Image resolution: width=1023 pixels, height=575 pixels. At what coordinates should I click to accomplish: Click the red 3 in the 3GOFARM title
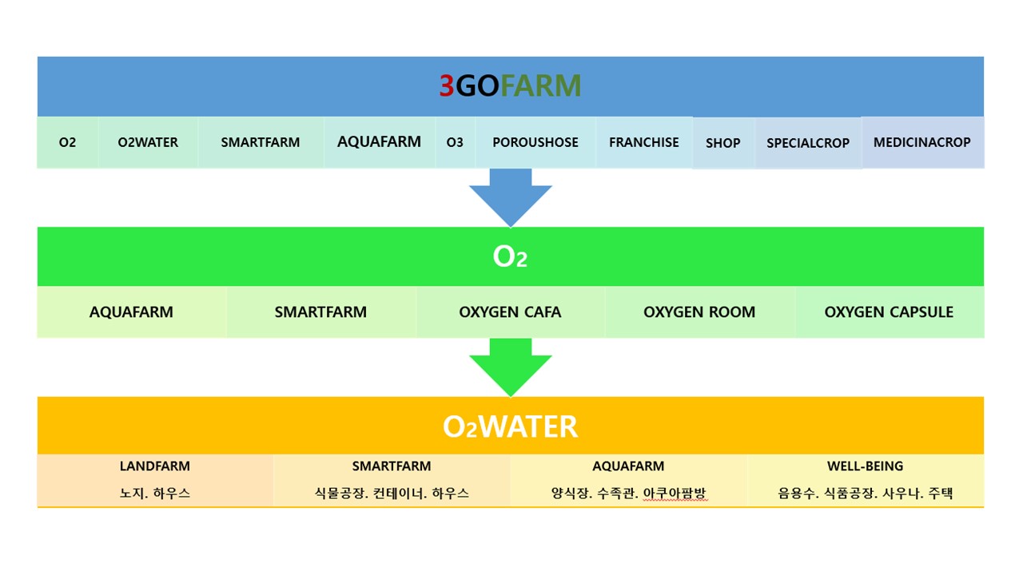pyautogui.click(x=447, y=85)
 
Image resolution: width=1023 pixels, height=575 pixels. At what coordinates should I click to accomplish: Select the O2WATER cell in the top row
pyautogui.click(x=148, y=142)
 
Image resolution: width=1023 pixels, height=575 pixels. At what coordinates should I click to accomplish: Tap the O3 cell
pyautogui.click(x=455, y=142)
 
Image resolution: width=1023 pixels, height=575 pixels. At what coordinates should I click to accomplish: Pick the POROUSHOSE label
pyautogui.click(x=535, y=142)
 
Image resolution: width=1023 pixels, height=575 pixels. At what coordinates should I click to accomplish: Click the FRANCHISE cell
pyautogui.click(x=644, y=142)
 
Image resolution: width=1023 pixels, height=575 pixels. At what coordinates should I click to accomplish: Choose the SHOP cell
pyautogui.click(x=723, y=143)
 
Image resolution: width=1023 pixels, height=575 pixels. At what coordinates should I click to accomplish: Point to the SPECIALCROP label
pyautogui.click(x=808, y=143)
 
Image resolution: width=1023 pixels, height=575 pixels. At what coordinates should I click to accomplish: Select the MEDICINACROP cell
pyautogui.click(x=922, y=142)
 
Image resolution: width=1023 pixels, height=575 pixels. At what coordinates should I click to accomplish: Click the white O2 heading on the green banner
pyautogui.click(x=510, y=256)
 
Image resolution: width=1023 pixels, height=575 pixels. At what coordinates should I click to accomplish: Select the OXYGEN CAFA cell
pyautogui.click(x=510, y=312)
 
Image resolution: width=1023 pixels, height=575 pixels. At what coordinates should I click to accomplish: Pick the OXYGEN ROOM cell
pyautogui.click(x=699, y=312)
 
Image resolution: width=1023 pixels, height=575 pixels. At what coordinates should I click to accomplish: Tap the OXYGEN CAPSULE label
pyautogui.click(x=889, y=312)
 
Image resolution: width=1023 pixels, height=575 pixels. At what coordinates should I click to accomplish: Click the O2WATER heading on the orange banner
pyautogui.click(x=510, y=426)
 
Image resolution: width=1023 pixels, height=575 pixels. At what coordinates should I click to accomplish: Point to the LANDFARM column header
pyautogui.click(x=155, y=466)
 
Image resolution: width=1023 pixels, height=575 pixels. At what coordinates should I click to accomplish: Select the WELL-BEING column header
pyautogui.click(x=865, y=466)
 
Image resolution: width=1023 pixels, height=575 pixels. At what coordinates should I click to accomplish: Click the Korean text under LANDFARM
pyautogui.click(x=155, y=494)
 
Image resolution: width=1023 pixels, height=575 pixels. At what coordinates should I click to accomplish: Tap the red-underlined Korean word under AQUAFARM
pyautogui.click(x=675, y=494)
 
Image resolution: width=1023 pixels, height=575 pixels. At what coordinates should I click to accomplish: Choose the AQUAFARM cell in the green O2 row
pyautogui.click(x=132, y=312)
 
